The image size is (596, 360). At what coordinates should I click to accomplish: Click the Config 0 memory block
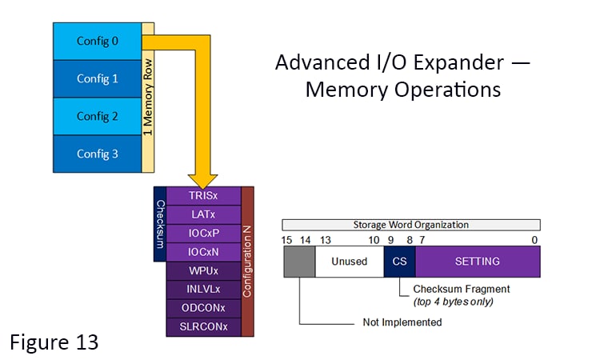click(97, 41)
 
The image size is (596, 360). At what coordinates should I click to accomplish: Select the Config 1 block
click(97, 78)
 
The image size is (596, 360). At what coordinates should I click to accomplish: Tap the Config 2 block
click(97, 116)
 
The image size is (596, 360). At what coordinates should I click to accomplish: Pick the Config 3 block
click(97, 154)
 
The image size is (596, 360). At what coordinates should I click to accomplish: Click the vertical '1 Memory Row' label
click(148, 98)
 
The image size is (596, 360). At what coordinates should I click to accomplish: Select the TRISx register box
click(203, 196)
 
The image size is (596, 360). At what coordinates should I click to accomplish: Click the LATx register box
click(203, 214)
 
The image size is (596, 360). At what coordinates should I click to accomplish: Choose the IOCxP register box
click(203, 234)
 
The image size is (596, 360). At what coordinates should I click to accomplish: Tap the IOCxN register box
click(203, 252)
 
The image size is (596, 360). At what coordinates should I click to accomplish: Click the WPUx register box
click(203, 271)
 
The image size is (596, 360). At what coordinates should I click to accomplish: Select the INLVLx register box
click(203, 290)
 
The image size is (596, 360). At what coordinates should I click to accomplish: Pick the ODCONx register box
click(203, 308)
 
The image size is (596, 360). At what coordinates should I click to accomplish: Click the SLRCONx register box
click(203, 327)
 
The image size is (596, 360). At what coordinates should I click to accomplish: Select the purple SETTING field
click(478, 262)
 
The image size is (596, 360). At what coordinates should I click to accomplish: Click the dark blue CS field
click(399, 262)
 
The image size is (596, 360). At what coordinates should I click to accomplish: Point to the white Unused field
click(349, 262)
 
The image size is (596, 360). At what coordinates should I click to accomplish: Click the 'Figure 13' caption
click(54, 342)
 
